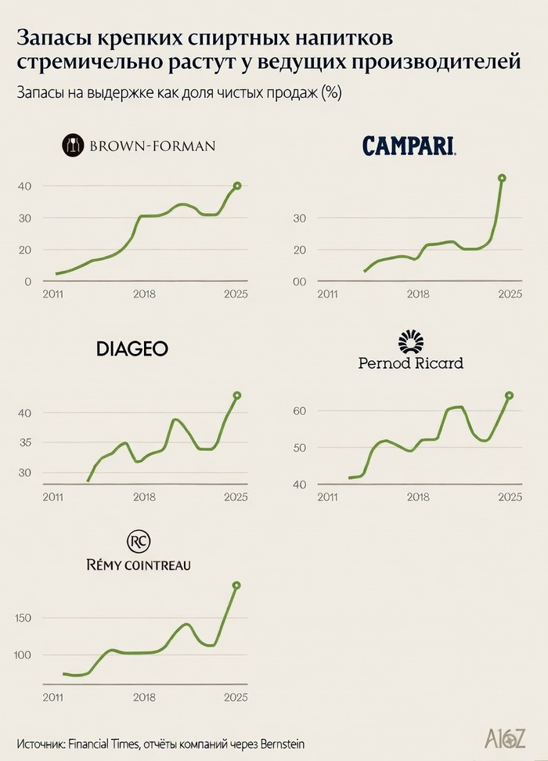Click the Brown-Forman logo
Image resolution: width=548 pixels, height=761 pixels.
tap(139, 145)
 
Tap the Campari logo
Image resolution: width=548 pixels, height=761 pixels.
tap(409, 145)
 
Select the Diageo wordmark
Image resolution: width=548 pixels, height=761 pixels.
tap(132, 349)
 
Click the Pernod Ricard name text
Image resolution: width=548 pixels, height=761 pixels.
tap(410, 362)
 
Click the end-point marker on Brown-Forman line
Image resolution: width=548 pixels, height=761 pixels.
tap(237, 186)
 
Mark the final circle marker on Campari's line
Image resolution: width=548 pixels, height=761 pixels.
tap(502, 178)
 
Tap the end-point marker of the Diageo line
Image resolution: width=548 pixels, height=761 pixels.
tap(237, 395)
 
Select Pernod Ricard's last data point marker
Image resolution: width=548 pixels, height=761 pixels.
tap(509, 395)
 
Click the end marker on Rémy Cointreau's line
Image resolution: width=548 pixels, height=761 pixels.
tap(236, 585)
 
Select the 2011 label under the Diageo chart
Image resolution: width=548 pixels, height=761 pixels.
tap(52, 496)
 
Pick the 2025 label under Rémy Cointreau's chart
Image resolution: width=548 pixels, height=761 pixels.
tap(236, 697)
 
